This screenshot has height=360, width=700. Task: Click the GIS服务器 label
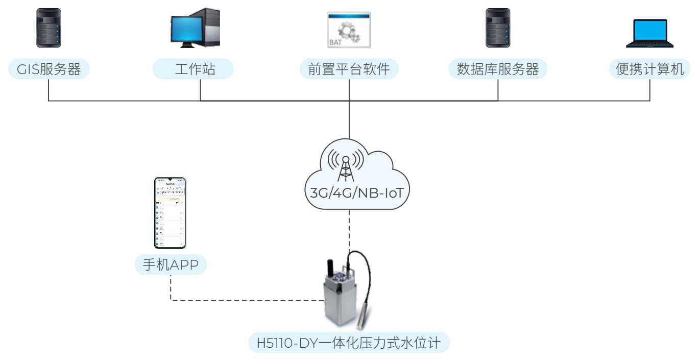[x=49, y=69]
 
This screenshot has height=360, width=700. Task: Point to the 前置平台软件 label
[x=349, y=69]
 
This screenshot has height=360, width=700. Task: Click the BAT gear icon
[x=349, y=30]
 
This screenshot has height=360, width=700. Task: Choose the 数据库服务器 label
[x=498, y=69]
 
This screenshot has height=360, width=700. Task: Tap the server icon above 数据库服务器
[x=497, y=29]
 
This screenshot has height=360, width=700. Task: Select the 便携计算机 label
[x=650, y=69]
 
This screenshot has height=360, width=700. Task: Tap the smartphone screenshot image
[x=170, y=213]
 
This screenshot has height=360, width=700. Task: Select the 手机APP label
[x=171, y=265]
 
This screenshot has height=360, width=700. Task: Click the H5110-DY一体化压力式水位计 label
[x=349, y=342]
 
